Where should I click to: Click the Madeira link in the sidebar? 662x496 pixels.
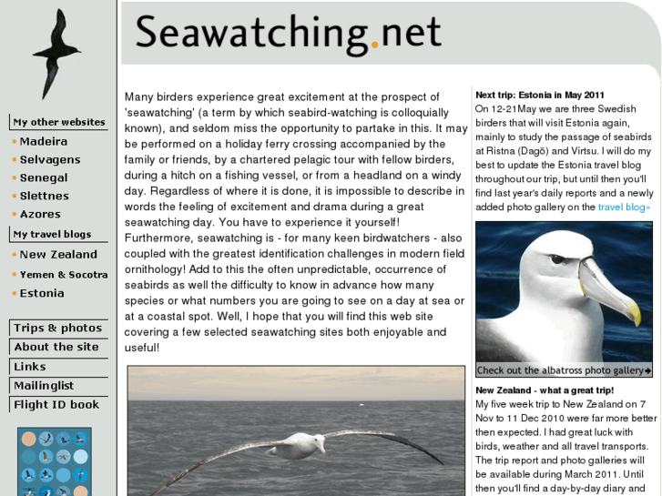43,142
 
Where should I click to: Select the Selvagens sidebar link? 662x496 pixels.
50,160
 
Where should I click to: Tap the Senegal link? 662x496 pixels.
44,178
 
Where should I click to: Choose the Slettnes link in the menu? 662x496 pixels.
45,197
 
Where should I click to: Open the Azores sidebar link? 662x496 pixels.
40,215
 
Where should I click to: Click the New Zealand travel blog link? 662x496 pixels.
58,255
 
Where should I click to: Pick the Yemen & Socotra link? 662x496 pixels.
64,275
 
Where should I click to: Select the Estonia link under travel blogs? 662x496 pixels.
42,294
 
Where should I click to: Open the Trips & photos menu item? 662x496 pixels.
57,329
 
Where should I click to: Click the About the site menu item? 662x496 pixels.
56,348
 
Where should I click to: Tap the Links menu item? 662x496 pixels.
30,367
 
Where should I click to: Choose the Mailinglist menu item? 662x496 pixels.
44,386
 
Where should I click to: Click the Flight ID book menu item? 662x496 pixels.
56,405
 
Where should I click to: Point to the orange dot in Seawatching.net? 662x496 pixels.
374,45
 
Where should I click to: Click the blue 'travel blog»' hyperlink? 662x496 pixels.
625,208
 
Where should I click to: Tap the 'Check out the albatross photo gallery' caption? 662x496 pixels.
563,370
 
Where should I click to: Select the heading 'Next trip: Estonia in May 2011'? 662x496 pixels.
539,95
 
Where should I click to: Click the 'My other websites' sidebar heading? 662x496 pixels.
59,122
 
